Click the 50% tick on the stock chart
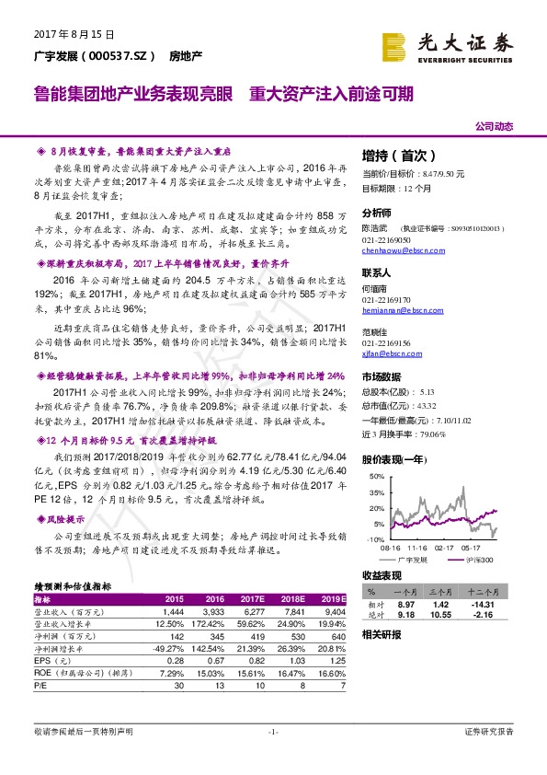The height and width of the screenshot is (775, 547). tap(375, 477)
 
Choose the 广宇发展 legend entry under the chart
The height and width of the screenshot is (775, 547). tap(412, 559)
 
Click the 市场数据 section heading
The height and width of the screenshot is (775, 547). tap(382, 376)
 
